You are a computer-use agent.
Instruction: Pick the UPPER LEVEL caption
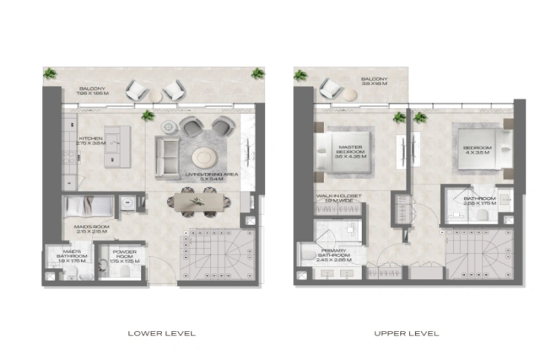[x=406, y=333]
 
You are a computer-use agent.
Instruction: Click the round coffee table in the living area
[x=205, y=158]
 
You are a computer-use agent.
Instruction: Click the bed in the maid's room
[x=89, y=205]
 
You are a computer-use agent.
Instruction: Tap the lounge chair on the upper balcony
[x=331, y=88]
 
